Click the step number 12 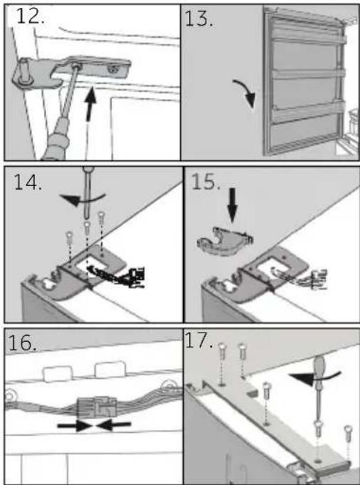30,16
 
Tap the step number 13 198,19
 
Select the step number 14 28,182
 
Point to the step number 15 206,182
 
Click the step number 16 22,343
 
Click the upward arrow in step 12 90,104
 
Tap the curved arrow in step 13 245,93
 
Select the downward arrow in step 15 232,204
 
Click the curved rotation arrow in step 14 82,199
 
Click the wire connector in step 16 97,407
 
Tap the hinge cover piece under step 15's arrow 225,241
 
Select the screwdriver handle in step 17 319,370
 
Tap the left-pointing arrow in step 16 113,426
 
